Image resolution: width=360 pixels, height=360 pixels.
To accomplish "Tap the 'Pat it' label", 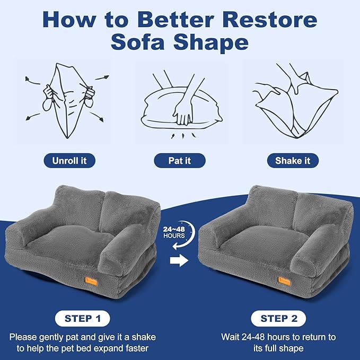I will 180,161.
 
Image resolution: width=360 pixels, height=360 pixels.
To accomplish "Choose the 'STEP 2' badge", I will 278,319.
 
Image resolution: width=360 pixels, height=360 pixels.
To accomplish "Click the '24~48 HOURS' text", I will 174,232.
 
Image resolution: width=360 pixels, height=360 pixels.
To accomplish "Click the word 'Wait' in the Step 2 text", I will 231,337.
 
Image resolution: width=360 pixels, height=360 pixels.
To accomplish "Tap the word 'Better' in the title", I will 168,20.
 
